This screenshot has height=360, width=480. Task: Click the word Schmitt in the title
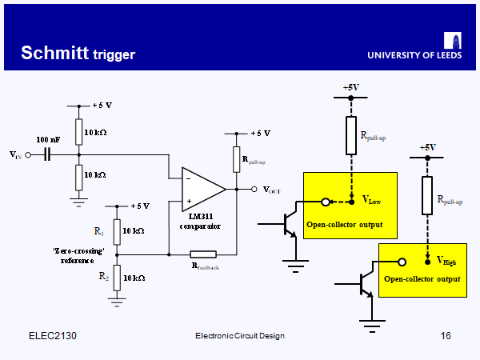click(x=54, y=53)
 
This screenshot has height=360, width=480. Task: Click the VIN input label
click(x=15, y=154)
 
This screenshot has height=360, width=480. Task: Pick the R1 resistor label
click(x=99, y=231)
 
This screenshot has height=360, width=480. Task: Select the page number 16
click(x=446, y=335)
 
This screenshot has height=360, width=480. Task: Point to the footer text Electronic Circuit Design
click(x=240, y=335)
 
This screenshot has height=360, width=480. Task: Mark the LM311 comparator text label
click(x=204, y=221)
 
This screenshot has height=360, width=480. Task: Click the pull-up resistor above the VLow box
click(x=350, y=135)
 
